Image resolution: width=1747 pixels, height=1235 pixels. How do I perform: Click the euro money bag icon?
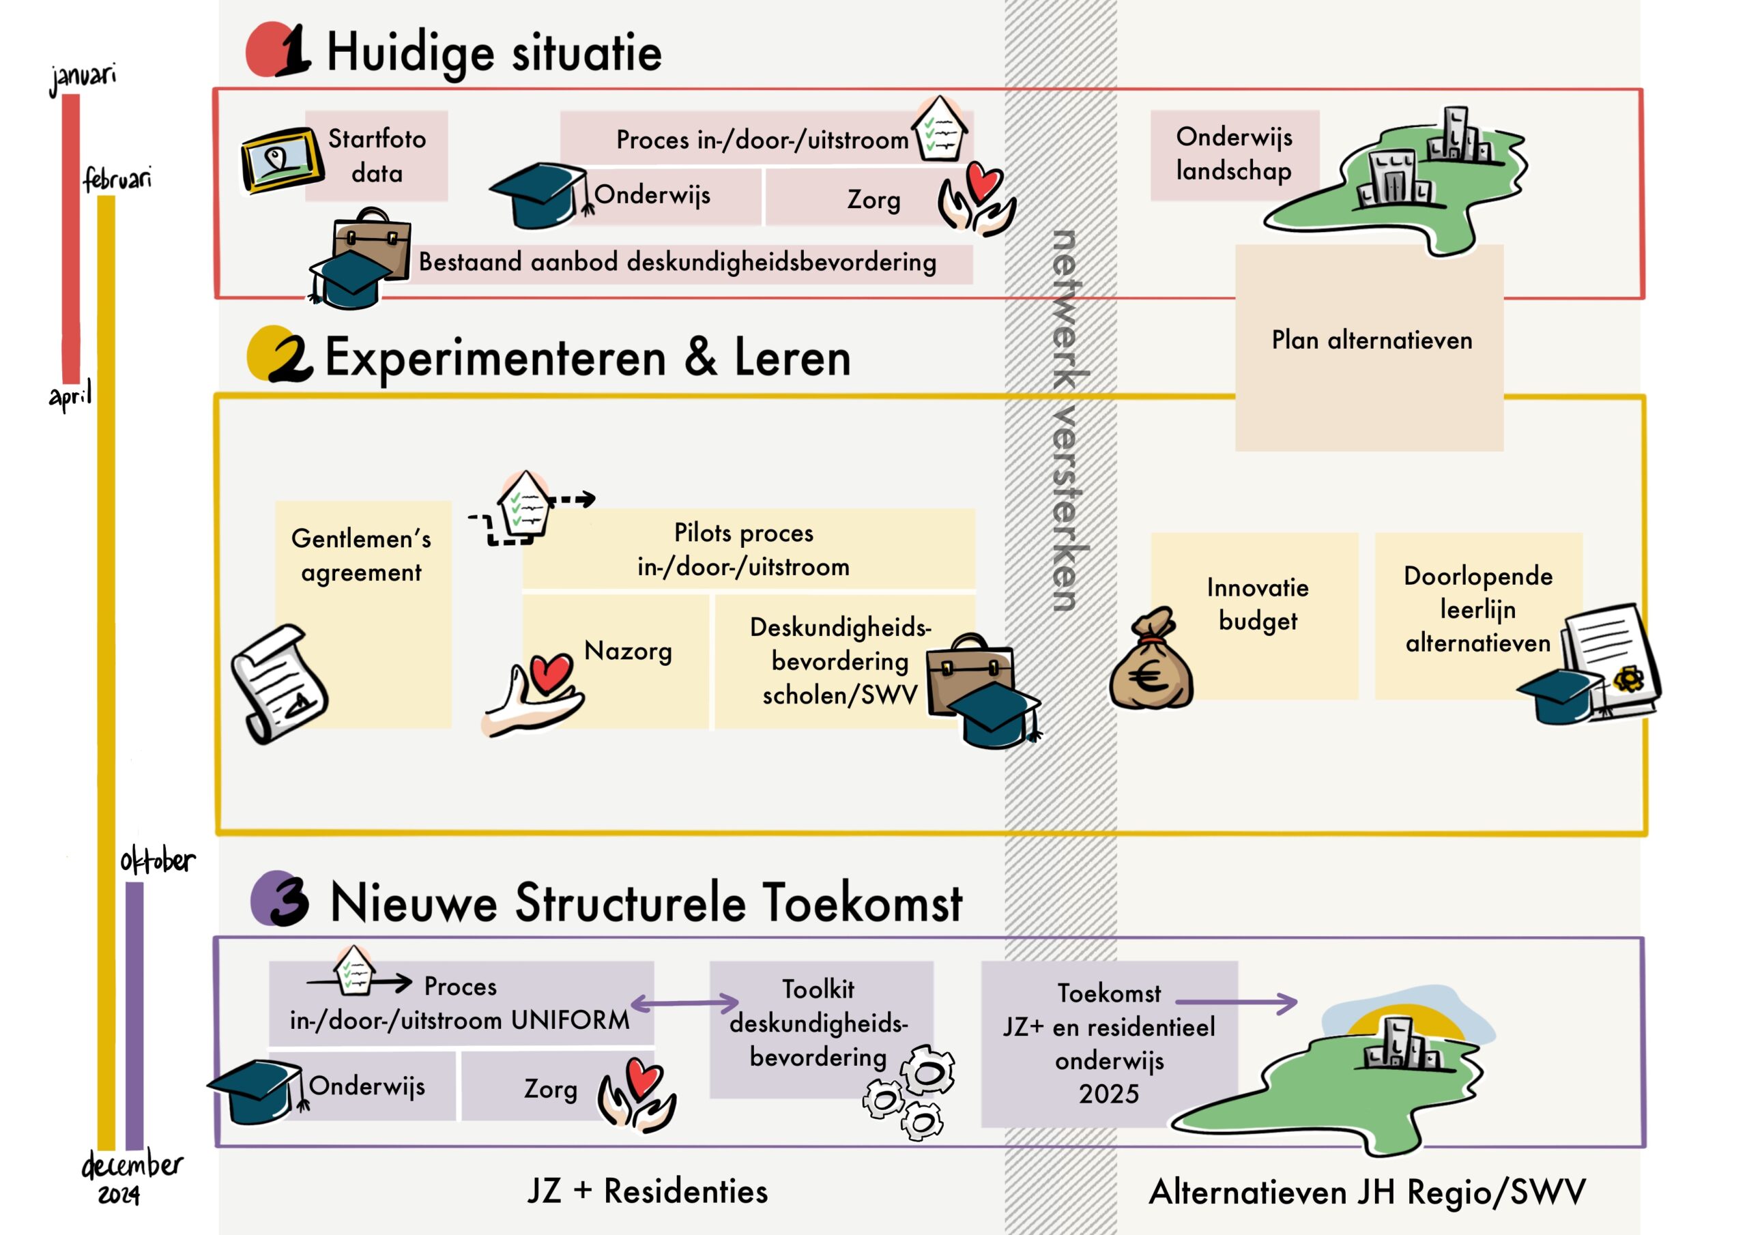pos(1151,660)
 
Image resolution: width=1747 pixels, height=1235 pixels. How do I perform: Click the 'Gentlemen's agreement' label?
pos(362,555)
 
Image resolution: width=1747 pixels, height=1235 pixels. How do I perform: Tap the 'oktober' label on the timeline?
pos(158,860)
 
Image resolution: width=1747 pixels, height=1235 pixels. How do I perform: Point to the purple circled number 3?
pos(280,899)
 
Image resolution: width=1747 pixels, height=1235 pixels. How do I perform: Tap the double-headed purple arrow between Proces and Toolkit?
pos(684,1004)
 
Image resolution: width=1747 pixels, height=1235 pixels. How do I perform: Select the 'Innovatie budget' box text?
pos(1258,604)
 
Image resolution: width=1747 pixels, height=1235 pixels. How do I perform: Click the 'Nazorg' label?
pos(628,652)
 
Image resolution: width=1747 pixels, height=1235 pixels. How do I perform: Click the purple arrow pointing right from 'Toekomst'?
pos(1237,1003)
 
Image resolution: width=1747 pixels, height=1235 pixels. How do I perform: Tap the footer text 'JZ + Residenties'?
pos(648,1191)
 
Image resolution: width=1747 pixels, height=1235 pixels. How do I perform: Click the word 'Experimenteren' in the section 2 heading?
pos(495,358)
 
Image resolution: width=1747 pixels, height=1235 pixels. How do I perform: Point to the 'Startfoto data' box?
pos(377,156)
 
